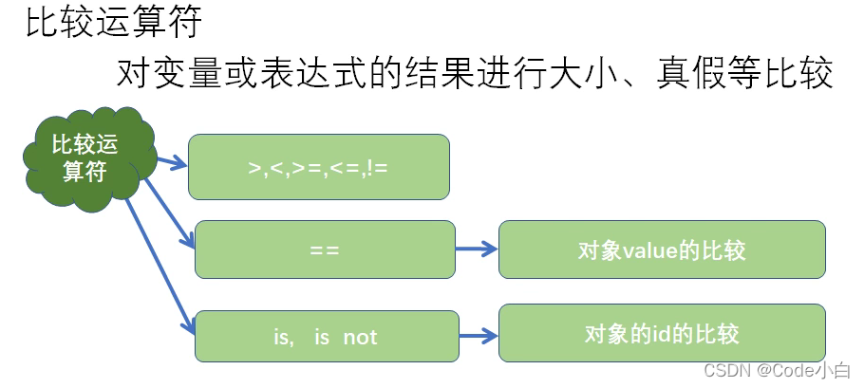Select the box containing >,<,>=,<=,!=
coord(318,167)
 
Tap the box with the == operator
coord(325,250)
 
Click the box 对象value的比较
coord(662,250)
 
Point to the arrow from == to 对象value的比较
coord(477,250)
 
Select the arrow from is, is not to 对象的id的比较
coord(477,335)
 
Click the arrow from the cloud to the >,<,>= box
coord(169,163)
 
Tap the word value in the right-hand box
coord(647,251)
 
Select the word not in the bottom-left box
coord(360,337)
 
